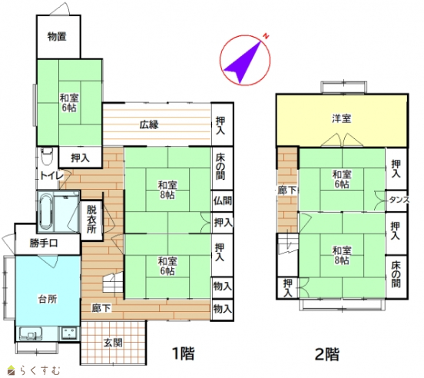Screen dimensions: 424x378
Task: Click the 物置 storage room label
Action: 57,37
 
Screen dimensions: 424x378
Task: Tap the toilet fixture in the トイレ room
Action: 48,156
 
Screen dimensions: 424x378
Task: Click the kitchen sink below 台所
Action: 30,333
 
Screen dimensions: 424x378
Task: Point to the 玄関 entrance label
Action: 114,343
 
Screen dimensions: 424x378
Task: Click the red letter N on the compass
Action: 267,36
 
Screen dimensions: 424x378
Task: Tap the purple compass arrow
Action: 242,61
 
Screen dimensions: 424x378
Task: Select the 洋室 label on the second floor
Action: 342,118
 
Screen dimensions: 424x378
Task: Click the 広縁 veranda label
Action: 149,124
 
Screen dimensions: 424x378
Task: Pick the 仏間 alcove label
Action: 223,201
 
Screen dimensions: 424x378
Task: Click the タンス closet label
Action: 399,200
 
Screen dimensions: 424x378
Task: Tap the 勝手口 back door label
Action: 44,244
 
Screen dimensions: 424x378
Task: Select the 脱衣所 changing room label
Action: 91,219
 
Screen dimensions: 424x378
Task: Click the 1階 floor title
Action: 184,353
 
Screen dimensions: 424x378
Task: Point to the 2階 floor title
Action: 326,353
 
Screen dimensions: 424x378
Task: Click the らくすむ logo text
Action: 39,370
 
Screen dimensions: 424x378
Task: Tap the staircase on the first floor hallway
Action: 113,283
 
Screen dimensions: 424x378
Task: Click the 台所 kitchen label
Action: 48,299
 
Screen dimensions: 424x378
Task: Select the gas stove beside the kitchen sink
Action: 70,333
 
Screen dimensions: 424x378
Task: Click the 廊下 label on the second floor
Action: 288,190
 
